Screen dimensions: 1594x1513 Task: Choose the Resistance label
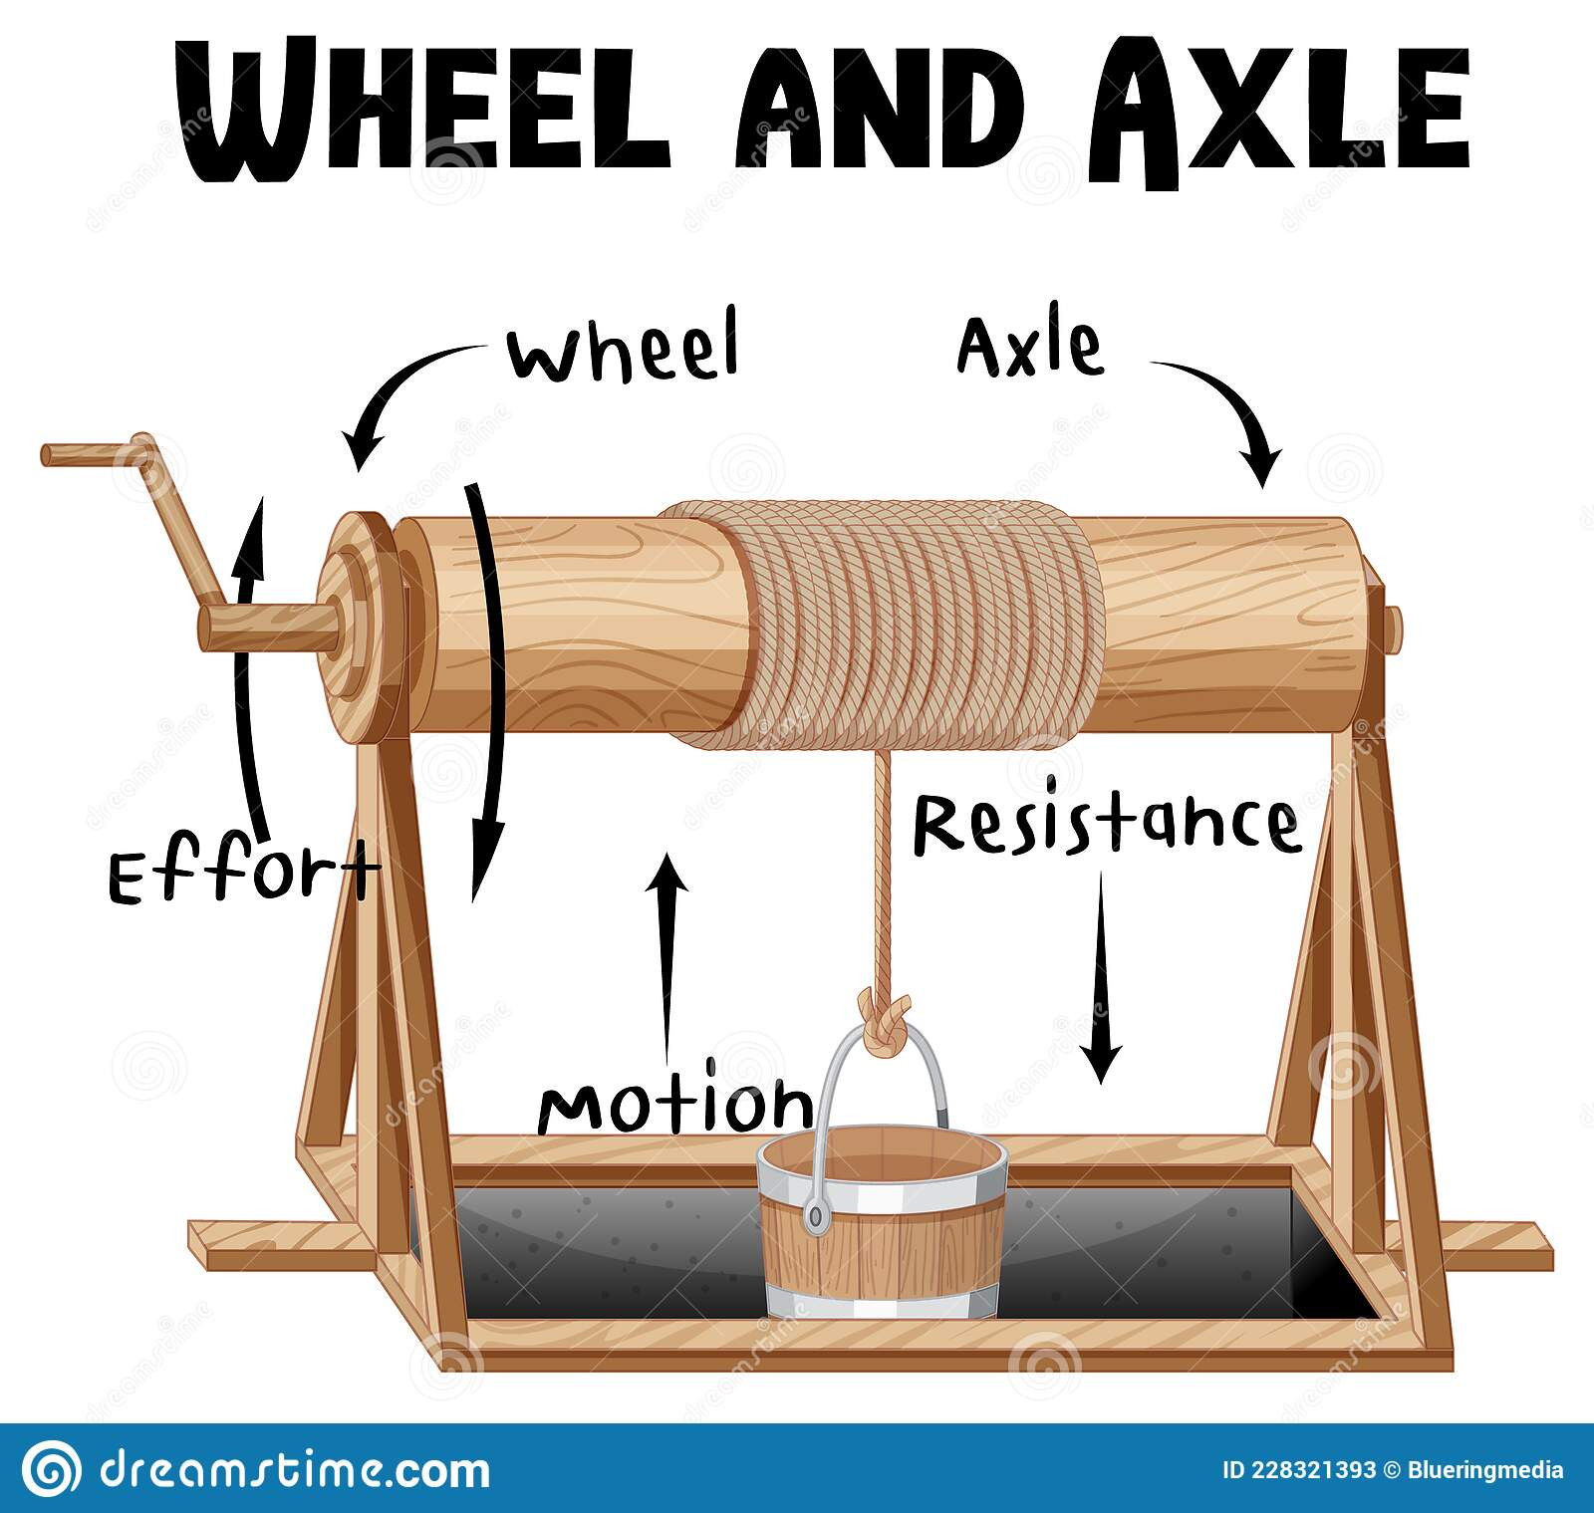(x=1107, y=823)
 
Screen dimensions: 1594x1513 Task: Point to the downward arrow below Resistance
(x=1102, y=977)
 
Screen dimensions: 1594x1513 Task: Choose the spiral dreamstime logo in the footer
(x=52, y=1469)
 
